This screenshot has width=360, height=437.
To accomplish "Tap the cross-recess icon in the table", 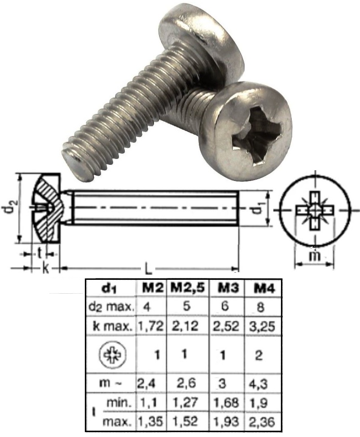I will click(110, 354).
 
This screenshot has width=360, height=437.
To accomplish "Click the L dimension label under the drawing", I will click(148, 269).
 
